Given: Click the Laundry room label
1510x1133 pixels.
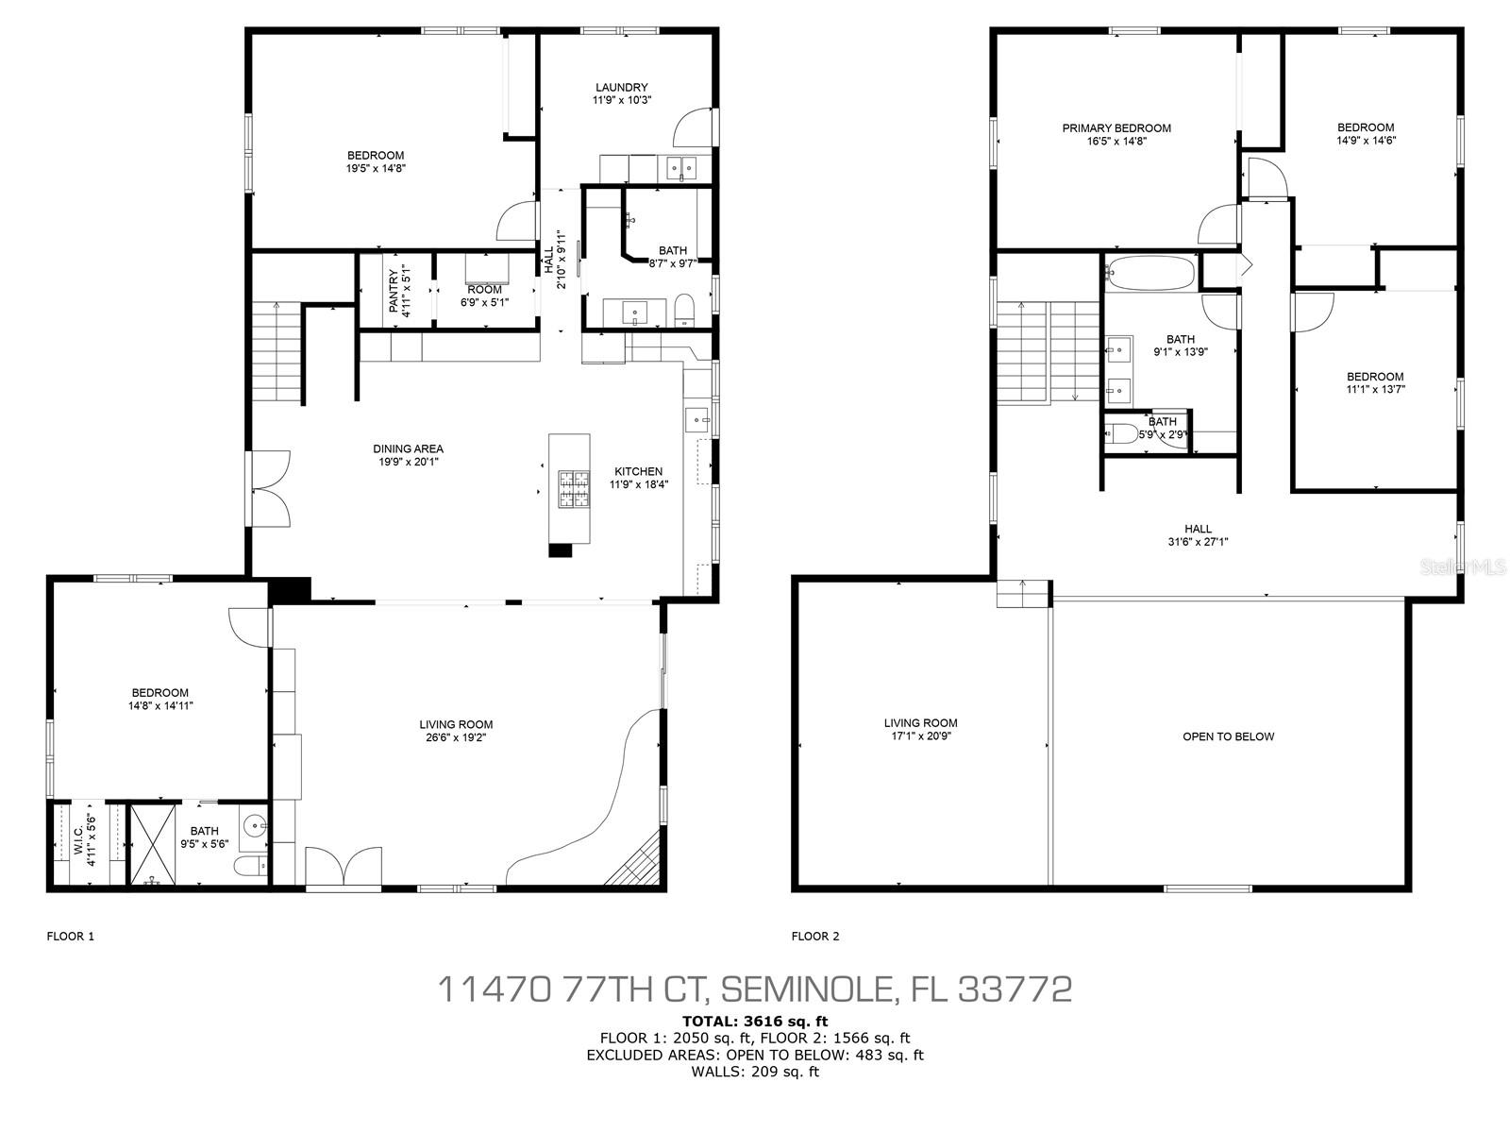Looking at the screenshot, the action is click(x=621, y=88).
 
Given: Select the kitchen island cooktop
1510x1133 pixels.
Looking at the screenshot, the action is click(x=573, y=488).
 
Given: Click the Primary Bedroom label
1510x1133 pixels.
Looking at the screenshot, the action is click(x=1116, y=128).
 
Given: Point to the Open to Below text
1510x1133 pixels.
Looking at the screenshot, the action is click(x=1229, y=736).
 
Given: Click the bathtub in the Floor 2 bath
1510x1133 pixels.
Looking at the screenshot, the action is click(x=1149, y=273).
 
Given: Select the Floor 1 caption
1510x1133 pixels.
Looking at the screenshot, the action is click(x=70, y=936).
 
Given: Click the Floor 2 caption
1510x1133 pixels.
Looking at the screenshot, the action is click(x=815, y=936).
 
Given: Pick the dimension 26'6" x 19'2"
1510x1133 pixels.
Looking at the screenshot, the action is click(x=456, y=737).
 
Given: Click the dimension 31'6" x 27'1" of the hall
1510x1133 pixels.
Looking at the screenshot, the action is click(x=1198, y=541).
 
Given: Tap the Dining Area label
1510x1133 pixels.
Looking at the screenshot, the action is click(x=408, y=449).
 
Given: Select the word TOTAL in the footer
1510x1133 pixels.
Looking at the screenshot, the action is click(x=709, y=1021).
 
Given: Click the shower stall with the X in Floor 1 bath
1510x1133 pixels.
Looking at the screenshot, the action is click(x=153, y=843).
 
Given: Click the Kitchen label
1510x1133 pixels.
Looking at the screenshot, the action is click(x=638, y=472).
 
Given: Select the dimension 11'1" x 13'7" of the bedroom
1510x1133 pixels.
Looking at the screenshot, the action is click(x=1375, y=389).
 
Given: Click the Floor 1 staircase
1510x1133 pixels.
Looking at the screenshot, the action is click(x=277, y=351).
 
